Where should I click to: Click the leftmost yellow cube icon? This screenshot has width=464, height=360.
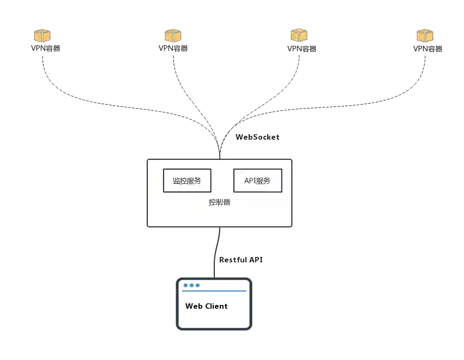tap(42, 35)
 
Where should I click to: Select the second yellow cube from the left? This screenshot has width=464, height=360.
tap(172, 35)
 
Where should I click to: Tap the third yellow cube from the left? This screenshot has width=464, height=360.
tap(298, 35)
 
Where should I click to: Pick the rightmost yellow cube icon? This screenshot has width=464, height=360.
tap(425, 35)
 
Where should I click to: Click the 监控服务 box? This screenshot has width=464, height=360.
tap(187, 181)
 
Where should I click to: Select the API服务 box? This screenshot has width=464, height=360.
tap(257, 181)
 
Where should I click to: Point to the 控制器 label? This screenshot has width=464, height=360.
tap(219, 202)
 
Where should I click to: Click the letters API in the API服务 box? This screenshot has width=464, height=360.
tap(250, 181)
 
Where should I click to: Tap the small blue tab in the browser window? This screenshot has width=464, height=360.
tap(192, 285)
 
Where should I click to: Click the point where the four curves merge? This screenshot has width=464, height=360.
tap(221, 143)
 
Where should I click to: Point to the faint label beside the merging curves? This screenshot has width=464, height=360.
tap(257, 136)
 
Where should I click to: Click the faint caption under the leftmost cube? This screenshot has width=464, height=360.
tap(45, 48)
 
